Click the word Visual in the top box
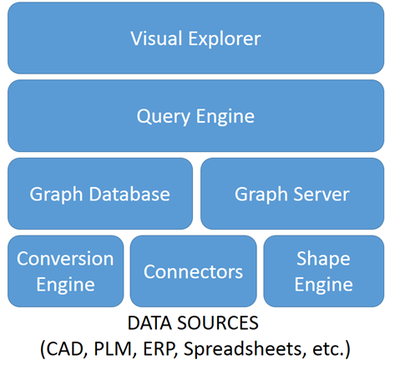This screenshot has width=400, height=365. (156, 38)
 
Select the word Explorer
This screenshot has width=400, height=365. (225, 38)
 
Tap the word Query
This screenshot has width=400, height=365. (164, 117)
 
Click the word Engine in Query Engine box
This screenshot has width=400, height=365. (225, 116)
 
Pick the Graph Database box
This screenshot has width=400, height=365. (100, 194)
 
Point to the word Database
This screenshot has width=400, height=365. (129, 194)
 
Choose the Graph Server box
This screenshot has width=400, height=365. (292, 194)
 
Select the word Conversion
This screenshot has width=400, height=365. (65, 259)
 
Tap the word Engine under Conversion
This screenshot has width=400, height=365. (66, 285)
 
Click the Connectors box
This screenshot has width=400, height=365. (193, 271)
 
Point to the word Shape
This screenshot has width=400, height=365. (323, 259)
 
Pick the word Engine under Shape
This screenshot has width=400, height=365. (324, 285)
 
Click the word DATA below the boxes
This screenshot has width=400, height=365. (149, 323)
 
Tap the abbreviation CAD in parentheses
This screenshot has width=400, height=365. (65, 348)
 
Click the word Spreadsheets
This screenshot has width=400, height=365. (243, 349)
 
